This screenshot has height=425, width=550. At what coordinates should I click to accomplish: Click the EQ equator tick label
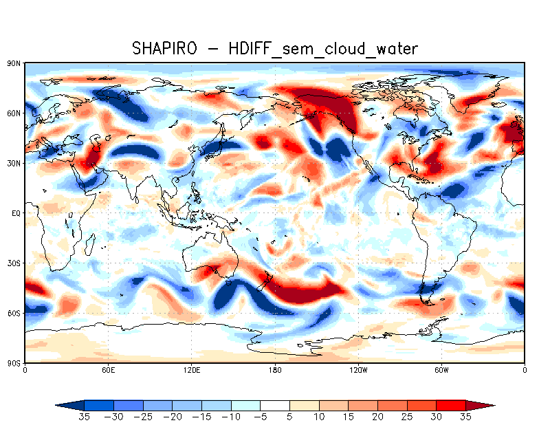coord(16,213)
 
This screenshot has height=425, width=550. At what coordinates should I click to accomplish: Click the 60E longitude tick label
coord(108,370)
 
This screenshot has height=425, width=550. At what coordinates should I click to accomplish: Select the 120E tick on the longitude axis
coord(192,370)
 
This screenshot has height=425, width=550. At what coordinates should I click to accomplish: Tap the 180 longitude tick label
coord(275,370)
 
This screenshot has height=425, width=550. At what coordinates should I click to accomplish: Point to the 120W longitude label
coord(358,370)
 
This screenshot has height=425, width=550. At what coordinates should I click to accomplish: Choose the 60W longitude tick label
coord(441,370)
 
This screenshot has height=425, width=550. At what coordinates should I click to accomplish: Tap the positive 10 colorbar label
coord(320,417)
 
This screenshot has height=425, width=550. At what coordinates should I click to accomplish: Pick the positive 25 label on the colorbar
coord(408,417)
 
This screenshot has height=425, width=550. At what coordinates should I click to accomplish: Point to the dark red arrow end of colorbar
coord(482,406)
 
